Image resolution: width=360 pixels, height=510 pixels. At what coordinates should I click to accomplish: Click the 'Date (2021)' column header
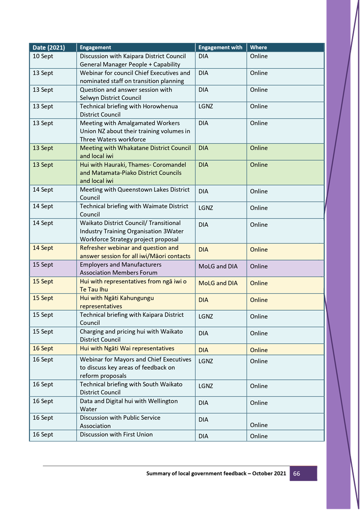(49, 47)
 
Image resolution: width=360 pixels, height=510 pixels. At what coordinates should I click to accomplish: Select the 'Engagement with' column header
(220, 47)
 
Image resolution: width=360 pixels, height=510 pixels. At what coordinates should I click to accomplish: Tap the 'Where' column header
(259, 47)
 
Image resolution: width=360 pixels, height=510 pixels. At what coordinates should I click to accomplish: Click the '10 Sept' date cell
(43, 56)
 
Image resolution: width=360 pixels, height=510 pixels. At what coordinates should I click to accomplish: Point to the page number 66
(297, 473)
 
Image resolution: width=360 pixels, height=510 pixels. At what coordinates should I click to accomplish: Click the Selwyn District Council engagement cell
(126, 94)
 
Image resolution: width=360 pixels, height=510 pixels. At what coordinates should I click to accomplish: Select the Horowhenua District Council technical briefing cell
(129, 110)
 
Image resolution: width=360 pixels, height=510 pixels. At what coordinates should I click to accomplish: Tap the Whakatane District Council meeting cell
(135, 152)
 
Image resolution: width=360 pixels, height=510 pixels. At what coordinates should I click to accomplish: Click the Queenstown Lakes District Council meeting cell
(134, 194)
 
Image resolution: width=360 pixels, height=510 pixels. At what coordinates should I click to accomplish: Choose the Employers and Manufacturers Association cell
(121, 269)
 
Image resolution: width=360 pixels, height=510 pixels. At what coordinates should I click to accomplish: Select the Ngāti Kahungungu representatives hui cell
(117, 302)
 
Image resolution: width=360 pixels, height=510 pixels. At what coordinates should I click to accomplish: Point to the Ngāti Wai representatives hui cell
(127, 349)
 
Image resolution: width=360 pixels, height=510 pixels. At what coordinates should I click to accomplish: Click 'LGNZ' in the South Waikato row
(205, 386)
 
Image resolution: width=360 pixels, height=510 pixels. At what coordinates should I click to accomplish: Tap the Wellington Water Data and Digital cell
(129, 405)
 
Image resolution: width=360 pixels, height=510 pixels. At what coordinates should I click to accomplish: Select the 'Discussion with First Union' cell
(116, 434)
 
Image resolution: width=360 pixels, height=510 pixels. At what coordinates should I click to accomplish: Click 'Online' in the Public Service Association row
(259, 425)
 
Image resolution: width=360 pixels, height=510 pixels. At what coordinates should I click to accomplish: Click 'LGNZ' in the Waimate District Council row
(205, 208)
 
